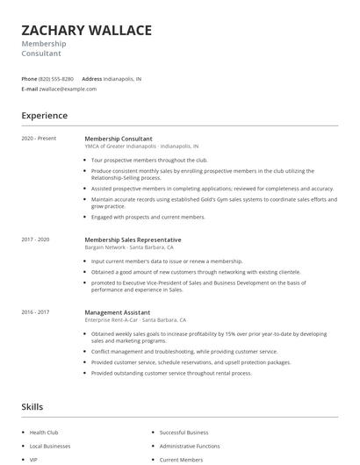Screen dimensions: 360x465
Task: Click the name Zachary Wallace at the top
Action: click(86, 30)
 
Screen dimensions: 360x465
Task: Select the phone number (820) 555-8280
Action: click(57, 78)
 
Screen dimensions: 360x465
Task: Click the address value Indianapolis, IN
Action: click(123, 78)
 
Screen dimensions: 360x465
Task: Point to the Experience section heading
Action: click(44, 116)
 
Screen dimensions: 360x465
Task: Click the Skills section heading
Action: click(32, 407)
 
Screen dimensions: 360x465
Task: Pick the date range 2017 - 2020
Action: click(35, 240)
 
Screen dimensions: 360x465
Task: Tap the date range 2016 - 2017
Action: click(35, 311)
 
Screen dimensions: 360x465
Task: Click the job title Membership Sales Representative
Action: click(133, 240)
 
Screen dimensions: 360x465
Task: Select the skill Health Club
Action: click(44, 433)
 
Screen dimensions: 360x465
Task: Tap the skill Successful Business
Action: click(184, 433)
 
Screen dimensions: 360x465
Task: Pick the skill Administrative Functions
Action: click(189, 446)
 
